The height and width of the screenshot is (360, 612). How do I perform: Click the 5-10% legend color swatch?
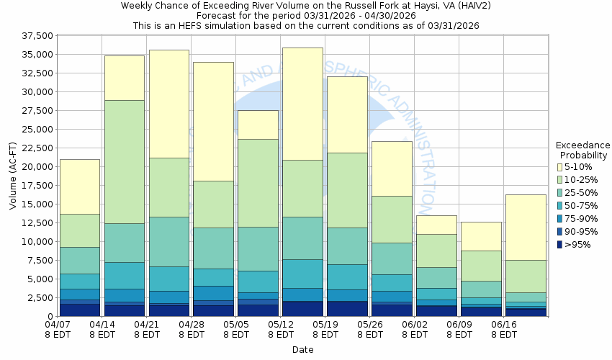coord(559,167)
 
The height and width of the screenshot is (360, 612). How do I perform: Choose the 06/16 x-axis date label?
coord(503,325)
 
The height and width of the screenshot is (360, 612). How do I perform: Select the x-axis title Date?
coord(302,350)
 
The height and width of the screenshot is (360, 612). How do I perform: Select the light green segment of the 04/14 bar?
coord(124,162)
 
